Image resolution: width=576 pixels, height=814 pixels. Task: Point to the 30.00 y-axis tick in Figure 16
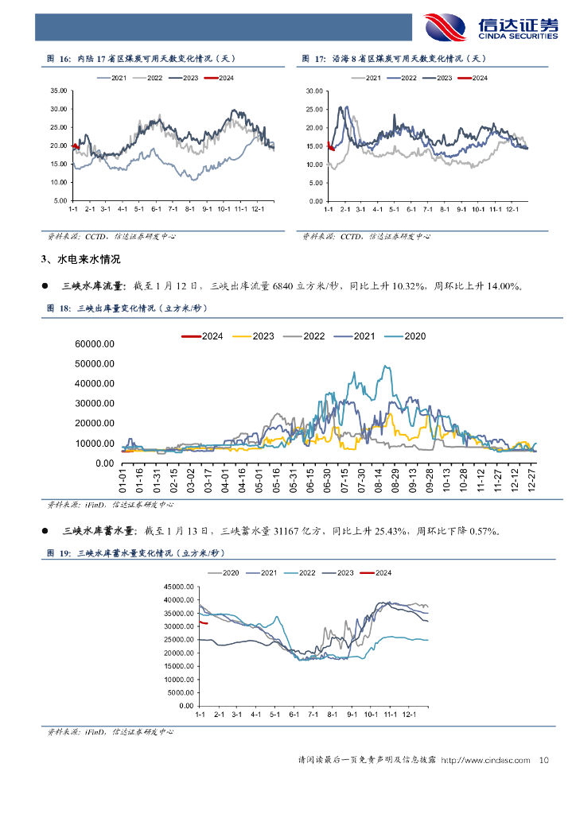[x=58, y=109]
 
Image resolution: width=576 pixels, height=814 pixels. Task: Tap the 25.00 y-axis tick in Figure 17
[x=314, y=110]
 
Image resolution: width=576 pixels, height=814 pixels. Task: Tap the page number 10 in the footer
[x=544, y=761]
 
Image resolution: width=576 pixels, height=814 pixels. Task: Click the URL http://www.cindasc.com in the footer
[x=485, y=761]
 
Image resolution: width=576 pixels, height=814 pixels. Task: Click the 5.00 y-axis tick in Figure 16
[x=60, y=200]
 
